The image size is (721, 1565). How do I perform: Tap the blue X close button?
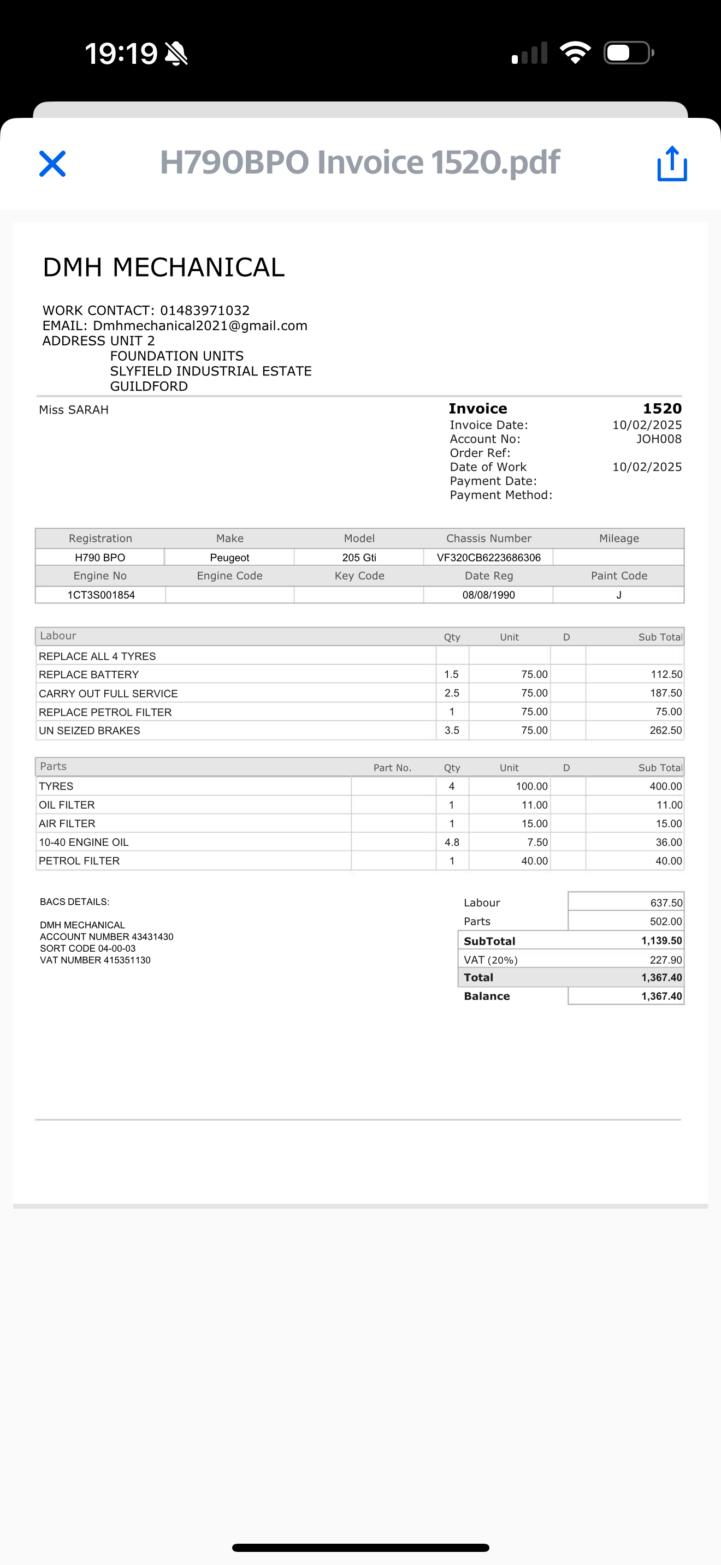pyautogui.click(x=52, y=163)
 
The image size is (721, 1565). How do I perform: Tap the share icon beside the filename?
pyautogui.click(x=672, y=163)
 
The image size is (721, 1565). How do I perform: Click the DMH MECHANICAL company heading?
pyautogui.click(x=163, y=267)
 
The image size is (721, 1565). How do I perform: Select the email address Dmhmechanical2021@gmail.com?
pyautogui.click(x=200, y=326)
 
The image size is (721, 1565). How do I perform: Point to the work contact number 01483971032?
pyautogui.click(x=205, y=310)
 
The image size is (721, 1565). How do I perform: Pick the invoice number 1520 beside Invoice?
pyautogui.click(x=662, y=409)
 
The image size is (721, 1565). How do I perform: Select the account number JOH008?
pyautogui.click(x=658, y=439)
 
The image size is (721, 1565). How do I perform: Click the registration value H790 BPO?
pyautogui.click(x=100, y=558)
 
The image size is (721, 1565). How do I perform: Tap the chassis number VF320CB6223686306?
pyautogui.click(x=488, y=558)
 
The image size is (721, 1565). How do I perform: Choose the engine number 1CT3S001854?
pyautogui.click(x=101, y=595)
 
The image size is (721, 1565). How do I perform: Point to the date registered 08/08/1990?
pyautogui.click(x=488, y=595)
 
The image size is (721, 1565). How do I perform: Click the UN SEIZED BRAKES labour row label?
pyautogui.click(x=90, y=731)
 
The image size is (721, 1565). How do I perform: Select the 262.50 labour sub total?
pyautogui.click(x=665, y=730)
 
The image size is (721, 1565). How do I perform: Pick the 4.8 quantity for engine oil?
pyautogui.click(x=452, y=843)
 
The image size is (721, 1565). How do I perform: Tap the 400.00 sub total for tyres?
pyautogui.click(x=665, y=787)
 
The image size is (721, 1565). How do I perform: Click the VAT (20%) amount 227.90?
pyautogui.click(x=665, y=960)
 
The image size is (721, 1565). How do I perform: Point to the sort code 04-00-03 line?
pyautogui.click(x=87, y=948)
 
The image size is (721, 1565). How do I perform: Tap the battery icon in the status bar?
pyautogui.click(x=628, y=53)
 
